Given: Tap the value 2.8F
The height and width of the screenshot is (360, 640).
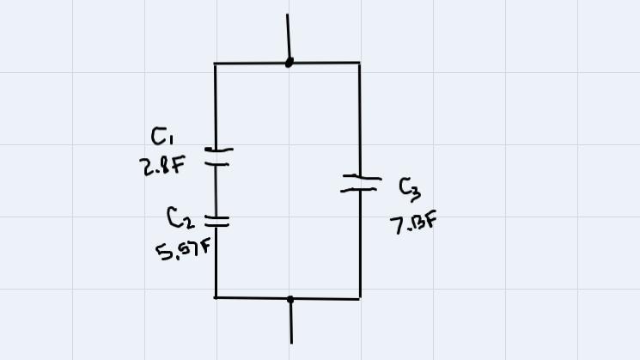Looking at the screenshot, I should coord(162,166).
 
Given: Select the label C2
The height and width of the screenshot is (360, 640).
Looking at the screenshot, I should coord(180,219).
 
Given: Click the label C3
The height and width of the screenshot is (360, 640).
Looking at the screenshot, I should coord(410,188).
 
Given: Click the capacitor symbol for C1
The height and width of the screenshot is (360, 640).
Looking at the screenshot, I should coord(218,156).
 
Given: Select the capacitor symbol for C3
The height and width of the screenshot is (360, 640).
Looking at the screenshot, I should coord(360,183).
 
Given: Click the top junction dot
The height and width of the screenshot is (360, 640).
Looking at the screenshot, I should coord(290,62).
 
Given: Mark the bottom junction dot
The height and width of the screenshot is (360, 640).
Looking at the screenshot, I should coord(290,299).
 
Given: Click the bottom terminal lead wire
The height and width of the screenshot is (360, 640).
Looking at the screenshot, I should coord(291,322).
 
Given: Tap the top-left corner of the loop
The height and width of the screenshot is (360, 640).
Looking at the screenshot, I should coord(215,63).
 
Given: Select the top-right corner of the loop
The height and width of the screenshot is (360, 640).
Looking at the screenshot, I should coord(359,63).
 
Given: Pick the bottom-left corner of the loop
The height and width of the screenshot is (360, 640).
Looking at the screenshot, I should coord(215,297).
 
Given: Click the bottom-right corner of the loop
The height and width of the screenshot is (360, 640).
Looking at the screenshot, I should coord(359,298).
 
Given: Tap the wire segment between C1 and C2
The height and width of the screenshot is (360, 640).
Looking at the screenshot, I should coord(216,189).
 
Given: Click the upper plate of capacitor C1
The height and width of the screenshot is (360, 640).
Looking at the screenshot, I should coord(218,149).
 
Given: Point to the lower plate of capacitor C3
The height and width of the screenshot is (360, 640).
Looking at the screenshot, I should coord(359,188).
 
